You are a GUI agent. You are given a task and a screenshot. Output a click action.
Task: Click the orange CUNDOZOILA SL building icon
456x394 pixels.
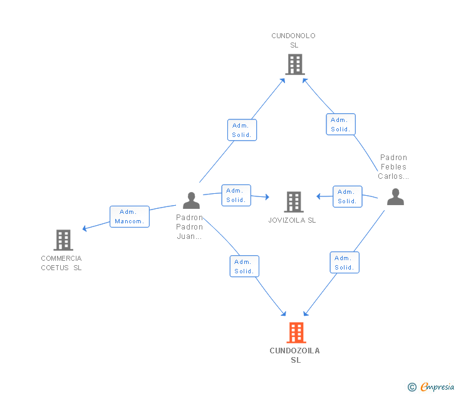pos(296,333)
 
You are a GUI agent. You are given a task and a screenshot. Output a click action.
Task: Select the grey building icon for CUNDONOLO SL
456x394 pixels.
pos(295,64)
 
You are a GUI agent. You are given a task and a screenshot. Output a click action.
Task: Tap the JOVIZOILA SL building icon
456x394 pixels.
pos(294,202)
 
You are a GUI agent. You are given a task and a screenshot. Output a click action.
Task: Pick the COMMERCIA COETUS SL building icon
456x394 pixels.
pos(63,240)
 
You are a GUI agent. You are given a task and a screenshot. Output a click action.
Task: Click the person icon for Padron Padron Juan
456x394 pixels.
pos(192,200)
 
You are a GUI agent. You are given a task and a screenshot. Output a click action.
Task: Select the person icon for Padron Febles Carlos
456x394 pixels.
pos(395,196)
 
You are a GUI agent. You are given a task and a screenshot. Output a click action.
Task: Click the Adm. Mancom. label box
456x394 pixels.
pos(130,216)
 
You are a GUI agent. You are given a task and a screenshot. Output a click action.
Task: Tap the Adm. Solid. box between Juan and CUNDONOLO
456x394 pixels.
pos(242,130)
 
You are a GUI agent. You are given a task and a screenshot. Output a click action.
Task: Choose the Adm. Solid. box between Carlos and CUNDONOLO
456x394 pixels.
pos(341,124)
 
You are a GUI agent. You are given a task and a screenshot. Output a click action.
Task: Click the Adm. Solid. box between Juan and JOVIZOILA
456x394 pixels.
pos(236,195)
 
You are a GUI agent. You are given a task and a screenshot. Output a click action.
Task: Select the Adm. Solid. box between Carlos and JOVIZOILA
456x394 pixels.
pos(347,196)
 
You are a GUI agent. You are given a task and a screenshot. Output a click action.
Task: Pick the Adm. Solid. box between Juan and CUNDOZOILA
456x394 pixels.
pos(244,266)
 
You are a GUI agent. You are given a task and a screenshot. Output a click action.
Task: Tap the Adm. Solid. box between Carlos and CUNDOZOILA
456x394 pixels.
pos(345,263)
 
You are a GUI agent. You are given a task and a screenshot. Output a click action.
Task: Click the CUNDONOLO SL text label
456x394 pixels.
pos(293,41)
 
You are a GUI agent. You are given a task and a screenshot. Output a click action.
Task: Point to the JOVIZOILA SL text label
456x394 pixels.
pos(292,220)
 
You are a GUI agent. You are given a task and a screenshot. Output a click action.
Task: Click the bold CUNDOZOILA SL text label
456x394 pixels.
pos(295,355)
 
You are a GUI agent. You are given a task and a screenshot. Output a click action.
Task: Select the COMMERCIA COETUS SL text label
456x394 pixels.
pos(61,263)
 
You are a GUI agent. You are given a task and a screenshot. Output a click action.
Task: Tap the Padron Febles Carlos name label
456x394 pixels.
pos(393,166)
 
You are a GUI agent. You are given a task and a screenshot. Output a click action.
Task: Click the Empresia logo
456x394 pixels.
pos(431,386)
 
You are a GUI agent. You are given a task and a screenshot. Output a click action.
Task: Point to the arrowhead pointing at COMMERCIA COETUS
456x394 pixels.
pos(85,228)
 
